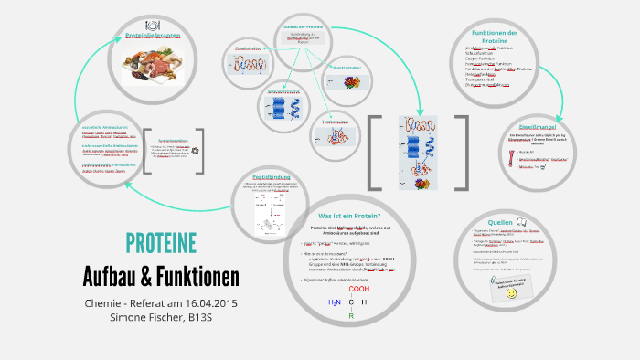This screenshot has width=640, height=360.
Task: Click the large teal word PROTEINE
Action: [161, 243]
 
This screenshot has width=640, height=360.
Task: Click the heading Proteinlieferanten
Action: [154, 36]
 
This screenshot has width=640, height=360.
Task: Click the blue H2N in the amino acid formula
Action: [334, 302]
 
